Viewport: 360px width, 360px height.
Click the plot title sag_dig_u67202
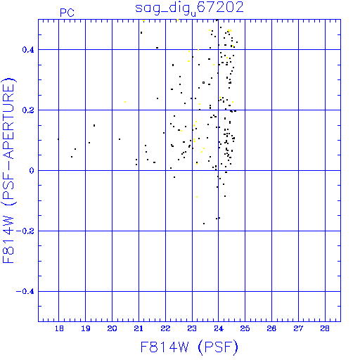(189, 8)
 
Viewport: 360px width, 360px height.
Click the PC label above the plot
(67, 13)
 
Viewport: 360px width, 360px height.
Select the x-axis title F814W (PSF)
(189, 347)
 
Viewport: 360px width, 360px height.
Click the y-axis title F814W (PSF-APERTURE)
(8, 171)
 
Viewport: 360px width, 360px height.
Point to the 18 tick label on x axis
(59, 328)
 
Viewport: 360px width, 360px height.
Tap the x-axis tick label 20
(112, 328)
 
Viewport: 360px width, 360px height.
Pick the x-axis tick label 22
(165, 328)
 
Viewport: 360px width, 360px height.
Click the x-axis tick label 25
(245, 328)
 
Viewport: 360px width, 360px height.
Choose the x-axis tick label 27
(298, 328)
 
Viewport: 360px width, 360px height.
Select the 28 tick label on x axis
(325, 328)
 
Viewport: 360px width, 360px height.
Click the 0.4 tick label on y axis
(28, 50)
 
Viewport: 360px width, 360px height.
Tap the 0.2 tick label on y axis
(28, 110)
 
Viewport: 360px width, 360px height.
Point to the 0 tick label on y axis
(32, 171)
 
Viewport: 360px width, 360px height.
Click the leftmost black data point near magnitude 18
(58, 139)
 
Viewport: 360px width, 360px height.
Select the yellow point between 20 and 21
(125, 102)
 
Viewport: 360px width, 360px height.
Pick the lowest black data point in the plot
(204, 224)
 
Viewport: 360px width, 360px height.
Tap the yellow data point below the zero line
(197, 197)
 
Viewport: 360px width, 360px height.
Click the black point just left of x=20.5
(120, 139)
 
